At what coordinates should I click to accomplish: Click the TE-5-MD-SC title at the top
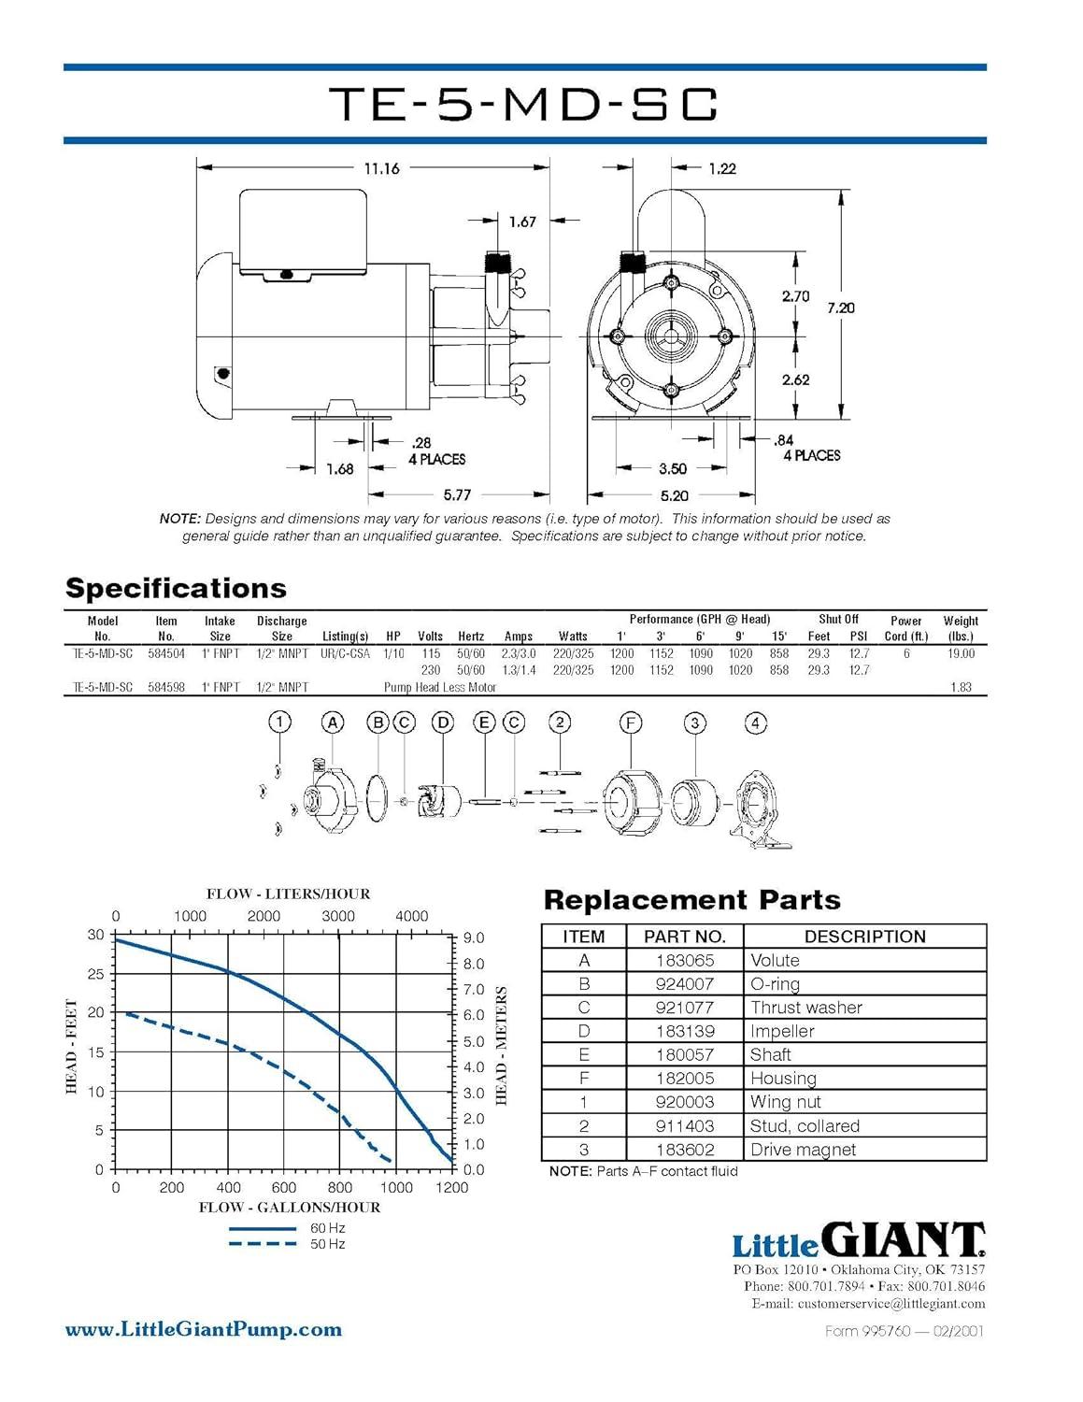pos(525,104)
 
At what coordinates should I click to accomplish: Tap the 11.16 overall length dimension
pos(381,168)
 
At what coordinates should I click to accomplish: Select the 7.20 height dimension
pos(840,308)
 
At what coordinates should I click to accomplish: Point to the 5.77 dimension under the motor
pos(457,495)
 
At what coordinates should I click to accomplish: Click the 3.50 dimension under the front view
pos(672,468)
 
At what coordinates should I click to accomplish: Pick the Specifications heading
pos(176,588)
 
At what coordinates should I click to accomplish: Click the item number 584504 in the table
pos(166,653)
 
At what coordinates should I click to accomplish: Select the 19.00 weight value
pos(960,653)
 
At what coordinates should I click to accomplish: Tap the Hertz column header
pos(471,637)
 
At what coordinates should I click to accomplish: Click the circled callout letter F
pos(631,722)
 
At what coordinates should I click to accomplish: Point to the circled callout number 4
pos(755,722)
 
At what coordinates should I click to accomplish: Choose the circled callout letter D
pos(443,722)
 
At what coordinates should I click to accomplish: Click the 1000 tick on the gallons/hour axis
pos(396,1187)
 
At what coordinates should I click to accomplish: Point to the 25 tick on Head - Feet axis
pos(95,974)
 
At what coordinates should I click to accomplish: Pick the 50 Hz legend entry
pos(328,1244)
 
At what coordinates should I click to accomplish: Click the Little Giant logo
pos(857,1240)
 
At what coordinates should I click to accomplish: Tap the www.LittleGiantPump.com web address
pos(203,1329)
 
